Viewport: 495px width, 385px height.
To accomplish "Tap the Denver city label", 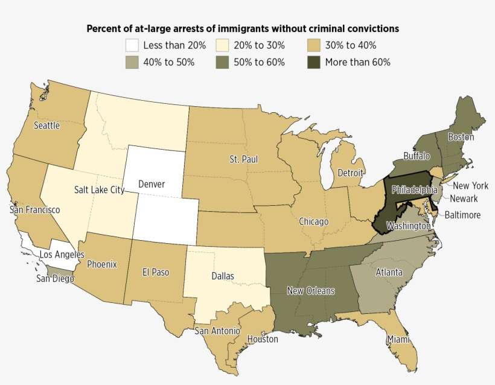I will pyautogui.click(x=152, y=183).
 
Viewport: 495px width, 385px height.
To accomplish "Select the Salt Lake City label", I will pyautogui.click(x=99, y=189).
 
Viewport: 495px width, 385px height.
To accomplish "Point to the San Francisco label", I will pyautogui.click(x=34, y=210).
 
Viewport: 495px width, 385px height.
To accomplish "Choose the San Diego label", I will pyautogui.click(x=55, y=278).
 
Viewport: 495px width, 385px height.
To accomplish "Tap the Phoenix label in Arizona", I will pyautogui.click(x=102, y=264).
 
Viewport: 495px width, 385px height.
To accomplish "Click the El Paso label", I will pyautogui.click(x=156, y=272).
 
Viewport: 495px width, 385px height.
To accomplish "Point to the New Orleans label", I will pyautogui.click(x=310, y=291).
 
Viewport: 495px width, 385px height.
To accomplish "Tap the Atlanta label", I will pyautogui.click(x=389, y=273).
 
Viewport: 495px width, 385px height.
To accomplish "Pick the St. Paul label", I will pyautogui.click(x=242, y=159).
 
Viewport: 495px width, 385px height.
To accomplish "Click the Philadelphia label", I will pyautogui.click(x=414, y=189).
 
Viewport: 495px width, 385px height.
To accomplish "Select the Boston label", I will pyautogui.click(x=461, y=137).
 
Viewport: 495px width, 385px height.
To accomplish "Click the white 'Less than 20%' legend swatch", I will pyautogui.click(x=132, y=45).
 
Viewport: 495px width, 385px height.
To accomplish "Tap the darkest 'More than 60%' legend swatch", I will pyautogui.click(x=313, y=62).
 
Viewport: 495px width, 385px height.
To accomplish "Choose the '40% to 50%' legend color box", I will pyautogui.click(x=132, y=62).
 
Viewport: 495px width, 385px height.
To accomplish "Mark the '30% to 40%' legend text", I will pyautogui.click(x=350, y=45).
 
